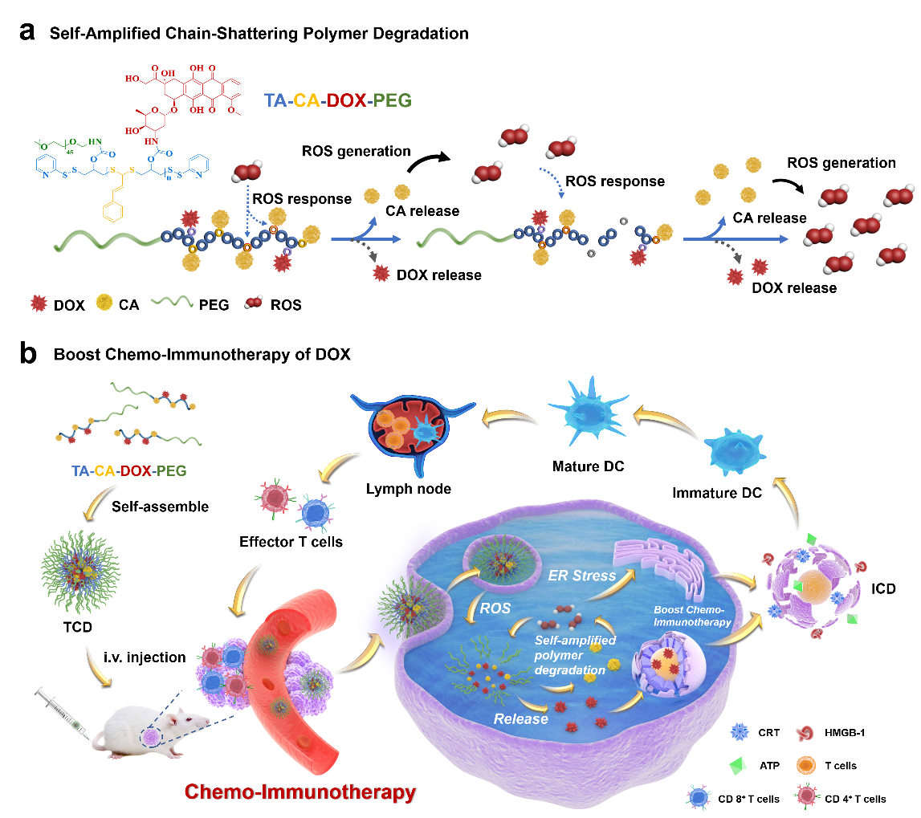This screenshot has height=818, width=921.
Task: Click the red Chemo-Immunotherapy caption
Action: click(300, 792)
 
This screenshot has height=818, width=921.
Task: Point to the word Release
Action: click(520, 718)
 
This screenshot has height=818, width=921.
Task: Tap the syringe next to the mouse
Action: click(63, 714)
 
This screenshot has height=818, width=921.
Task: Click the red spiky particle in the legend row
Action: click(38, 303)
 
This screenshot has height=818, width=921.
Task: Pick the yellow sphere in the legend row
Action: click(104, 302)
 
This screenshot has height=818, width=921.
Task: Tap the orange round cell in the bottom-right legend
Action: click(806, 763)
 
